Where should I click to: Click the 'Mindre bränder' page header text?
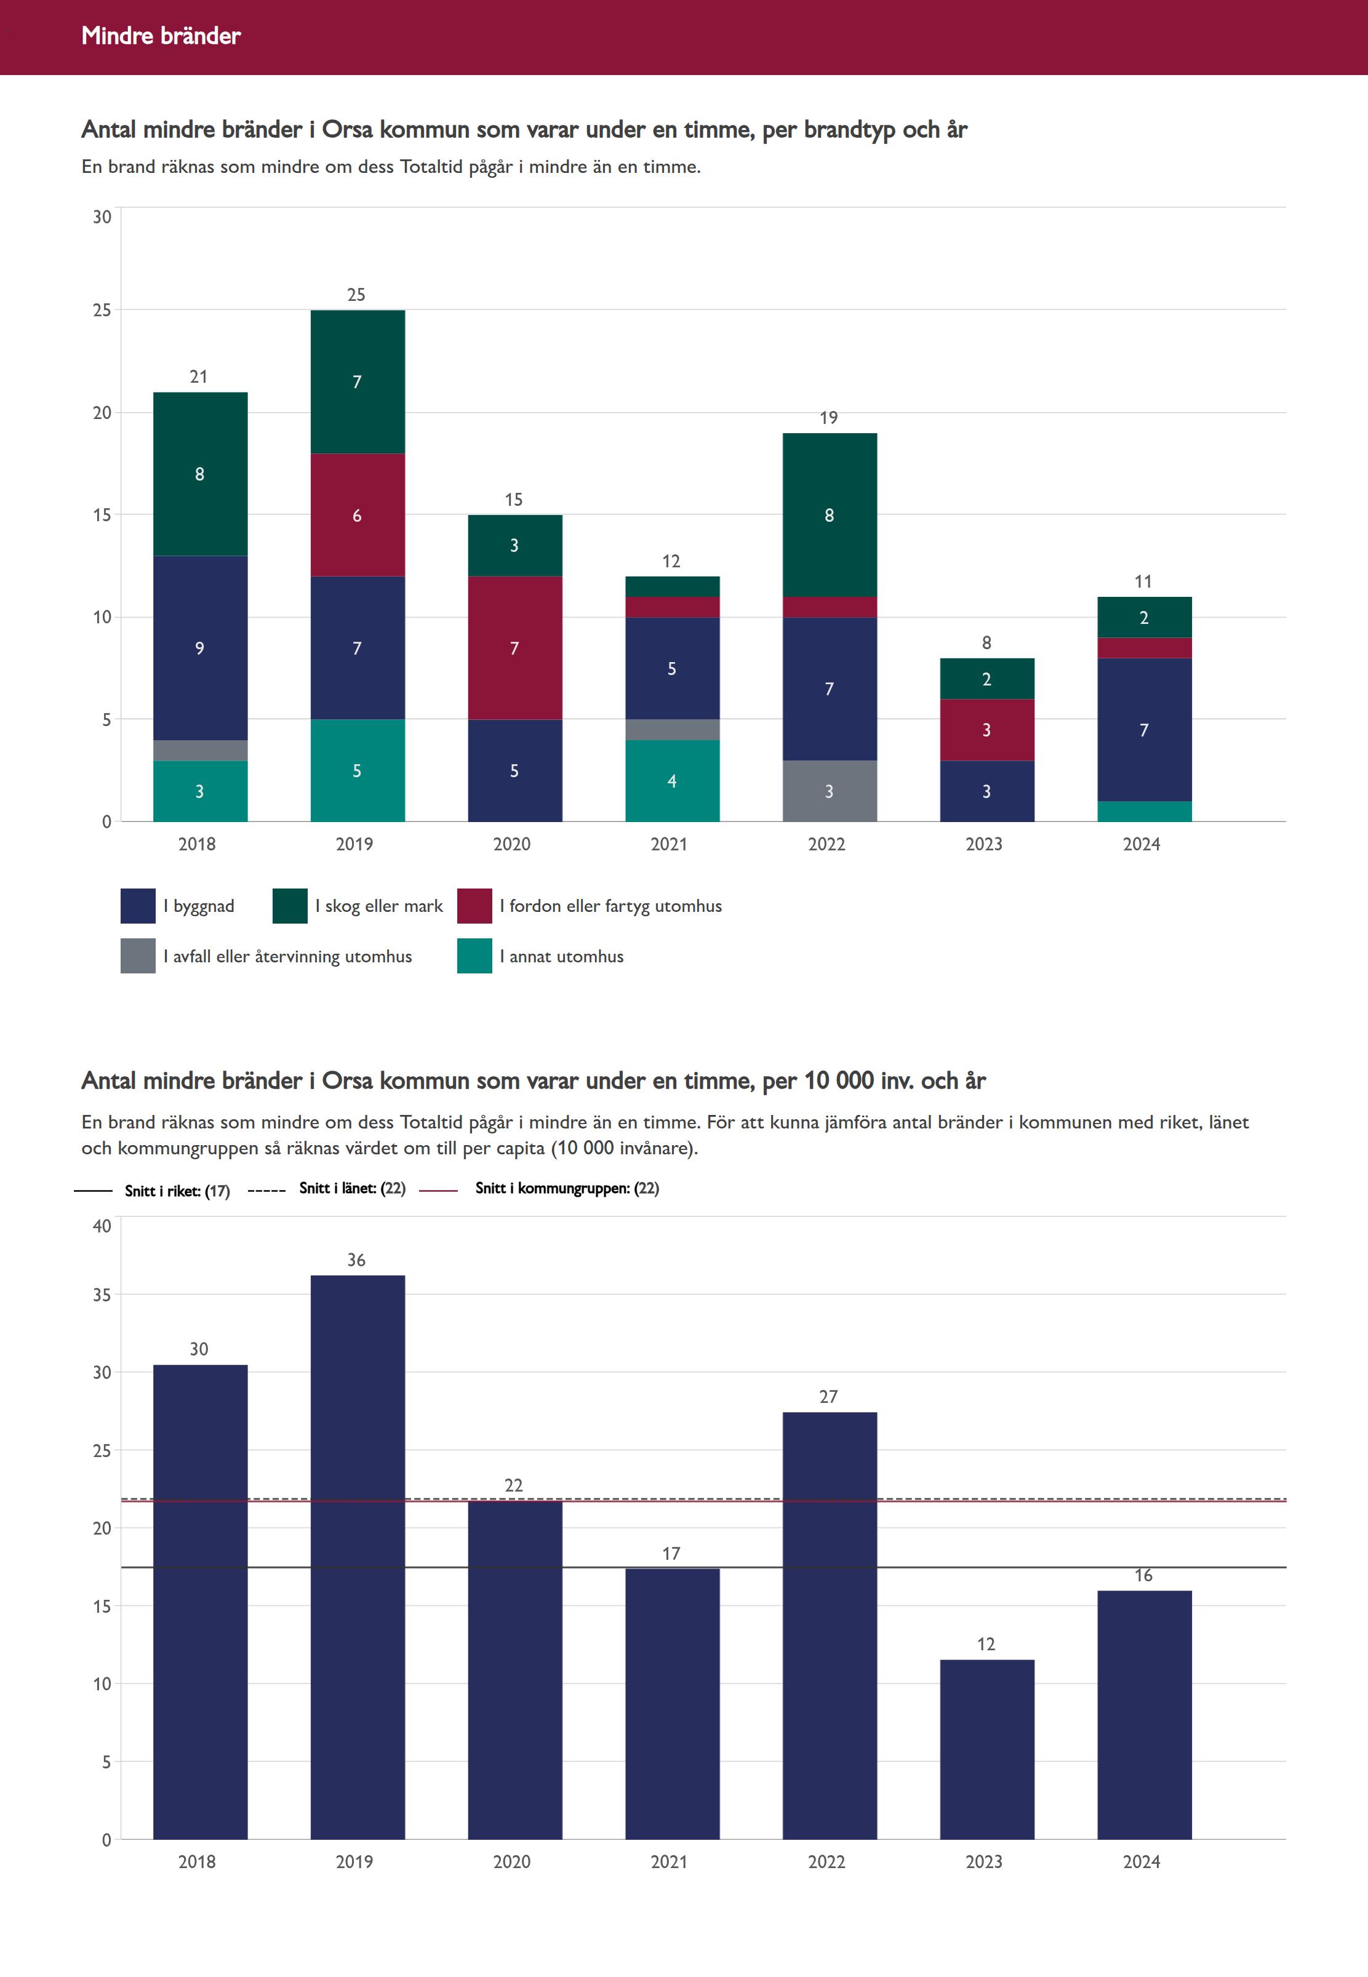point(161,36)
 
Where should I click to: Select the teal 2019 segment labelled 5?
point(358,770)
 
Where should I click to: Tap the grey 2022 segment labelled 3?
point(829,791)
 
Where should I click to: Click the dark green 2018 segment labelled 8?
point(200,474)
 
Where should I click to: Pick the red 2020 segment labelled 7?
point(514,648)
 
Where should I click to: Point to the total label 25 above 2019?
point(356,295)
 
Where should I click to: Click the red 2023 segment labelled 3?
point(986,729)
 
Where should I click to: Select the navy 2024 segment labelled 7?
point(1143,729)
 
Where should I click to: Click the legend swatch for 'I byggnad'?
point(138,906)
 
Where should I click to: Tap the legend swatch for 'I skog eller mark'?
point(290,906)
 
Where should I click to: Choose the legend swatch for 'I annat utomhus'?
point(474,956)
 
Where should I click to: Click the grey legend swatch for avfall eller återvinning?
point(138,956)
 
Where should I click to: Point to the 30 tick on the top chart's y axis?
point(102,217)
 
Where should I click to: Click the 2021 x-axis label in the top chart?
point(668,844)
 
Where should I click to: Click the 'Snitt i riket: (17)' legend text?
point(177,1191)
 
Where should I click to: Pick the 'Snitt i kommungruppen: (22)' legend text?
point(567,1189)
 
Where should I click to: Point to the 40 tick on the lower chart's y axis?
point(102,1226)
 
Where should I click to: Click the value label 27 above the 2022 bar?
point(828,1397)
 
